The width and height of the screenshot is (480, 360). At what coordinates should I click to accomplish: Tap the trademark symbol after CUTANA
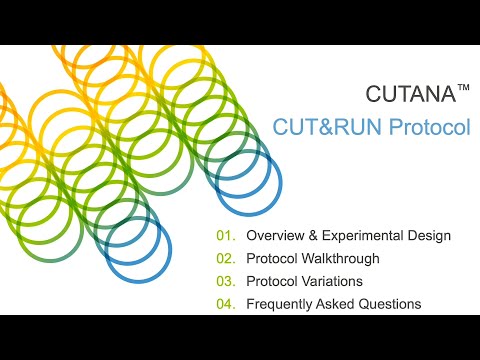point(463,89)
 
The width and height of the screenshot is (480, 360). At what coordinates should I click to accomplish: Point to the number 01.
point(225,237)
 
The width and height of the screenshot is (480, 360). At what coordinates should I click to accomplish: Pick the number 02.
point(225,259)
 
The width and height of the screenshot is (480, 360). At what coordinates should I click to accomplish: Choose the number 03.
point(225,281)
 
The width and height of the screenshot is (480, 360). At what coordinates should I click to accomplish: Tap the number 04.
point(225,303)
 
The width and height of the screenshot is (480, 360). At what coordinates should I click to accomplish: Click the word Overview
point(275,237)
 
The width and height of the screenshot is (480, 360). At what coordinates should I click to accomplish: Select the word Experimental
point(365,237)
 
